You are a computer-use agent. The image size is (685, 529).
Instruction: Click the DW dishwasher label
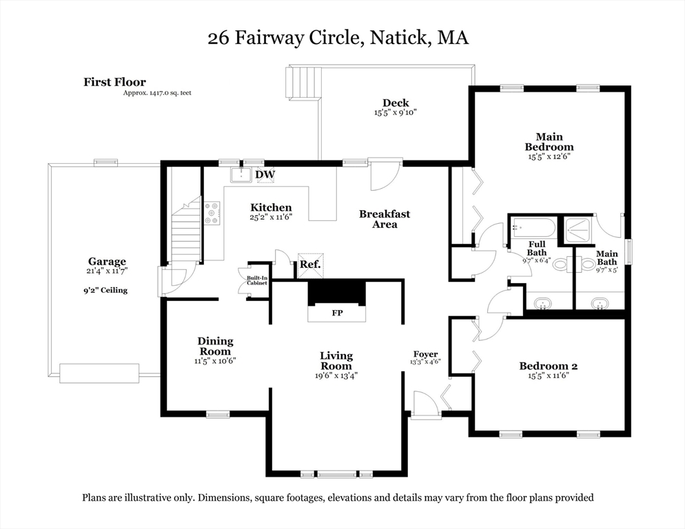point(265,175)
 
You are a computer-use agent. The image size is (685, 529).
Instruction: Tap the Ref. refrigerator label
point(309,264)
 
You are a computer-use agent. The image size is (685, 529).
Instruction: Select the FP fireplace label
point(337,313)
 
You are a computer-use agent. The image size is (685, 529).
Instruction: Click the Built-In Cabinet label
point(257,281)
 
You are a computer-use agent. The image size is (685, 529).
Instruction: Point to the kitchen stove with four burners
point(212,213)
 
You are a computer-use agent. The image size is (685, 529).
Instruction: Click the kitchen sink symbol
point(241,174)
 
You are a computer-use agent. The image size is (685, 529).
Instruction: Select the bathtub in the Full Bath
point(533,228)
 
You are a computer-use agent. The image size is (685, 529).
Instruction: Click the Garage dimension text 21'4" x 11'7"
point(106,272)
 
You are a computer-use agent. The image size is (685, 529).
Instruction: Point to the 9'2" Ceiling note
point(105,290)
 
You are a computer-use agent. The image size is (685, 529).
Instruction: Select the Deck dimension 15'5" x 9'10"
point(396,112)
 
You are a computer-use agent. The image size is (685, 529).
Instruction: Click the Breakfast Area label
point(384,219)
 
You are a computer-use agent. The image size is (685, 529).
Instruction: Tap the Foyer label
point(425,355)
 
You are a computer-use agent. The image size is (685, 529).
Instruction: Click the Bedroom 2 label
point(548,366)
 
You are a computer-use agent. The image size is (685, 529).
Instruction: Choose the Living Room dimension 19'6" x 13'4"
point(336,375)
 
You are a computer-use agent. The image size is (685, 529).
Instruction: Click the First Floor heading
point(114,82)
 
